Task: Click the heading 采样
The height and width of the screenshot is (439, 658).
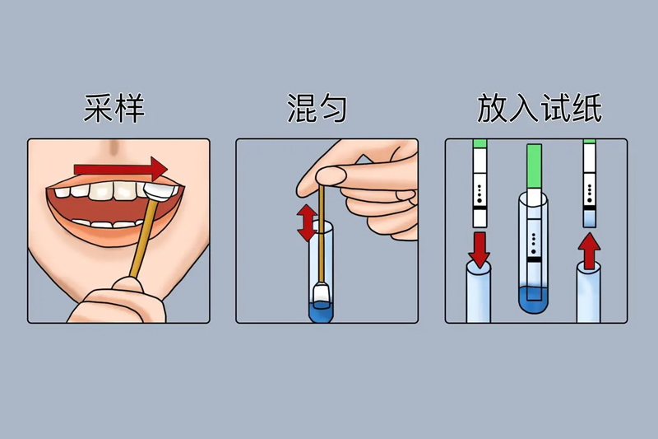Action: pos(114,108)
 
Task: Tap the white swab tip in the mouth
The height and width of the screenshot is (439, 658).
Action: pos(161,191)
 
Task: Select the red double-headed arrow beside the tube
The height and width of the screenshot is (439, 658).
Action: pos(307,222)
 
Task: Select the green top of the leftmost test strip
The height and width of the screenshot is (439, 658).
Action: pos(480,144)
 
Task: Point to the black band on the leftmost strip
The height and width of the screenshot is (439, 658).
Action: pos(480,208)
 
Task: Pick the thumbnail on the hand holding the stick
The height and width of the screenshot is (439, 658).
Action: pos(330,175)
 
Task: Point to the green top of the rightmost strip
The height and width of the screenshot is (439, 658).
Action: pos(589,143)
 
